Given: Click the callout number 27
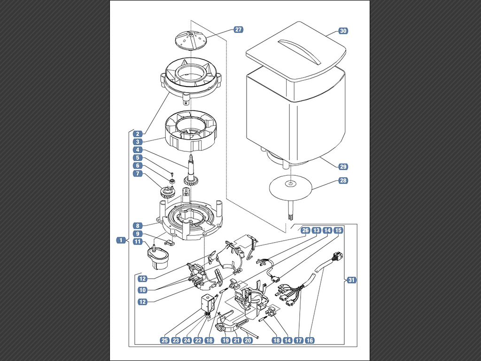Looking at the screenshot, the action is click(x=238, y=30).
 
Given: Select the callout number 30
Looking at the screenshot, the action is click(x=343, y=31).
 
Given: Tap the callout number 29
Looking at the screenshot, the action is click(x=343, y=167).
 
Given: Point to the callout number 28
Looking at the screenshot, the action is click(x=343, y=180).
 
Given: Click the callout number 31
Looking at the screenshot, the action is click(x=351, y=280).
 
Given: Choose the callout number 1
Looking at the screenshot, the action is click(x=121, y=240).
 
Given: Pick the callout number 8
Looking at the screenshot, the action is click(x=138, y=226).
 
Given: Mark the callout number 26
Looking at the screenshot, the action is click(x=305, y=230).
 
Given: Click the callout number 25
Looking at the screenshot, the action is click(x=165, y=340).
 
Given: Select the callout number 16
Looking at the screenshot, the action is click(x=310, y=340).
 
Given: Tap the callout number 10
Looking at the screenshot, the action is click(x=142, y=290).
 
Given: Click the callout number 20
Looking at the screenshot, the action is click(x=248, y=340).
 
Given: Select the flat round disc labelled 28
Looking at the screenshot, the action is click(x=290, y=187).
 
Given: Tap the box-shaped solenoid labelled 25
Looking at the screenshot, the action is click(x=207, y=303).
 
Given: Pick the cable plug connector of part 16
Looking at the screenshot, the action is click(x=337, y=257).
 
